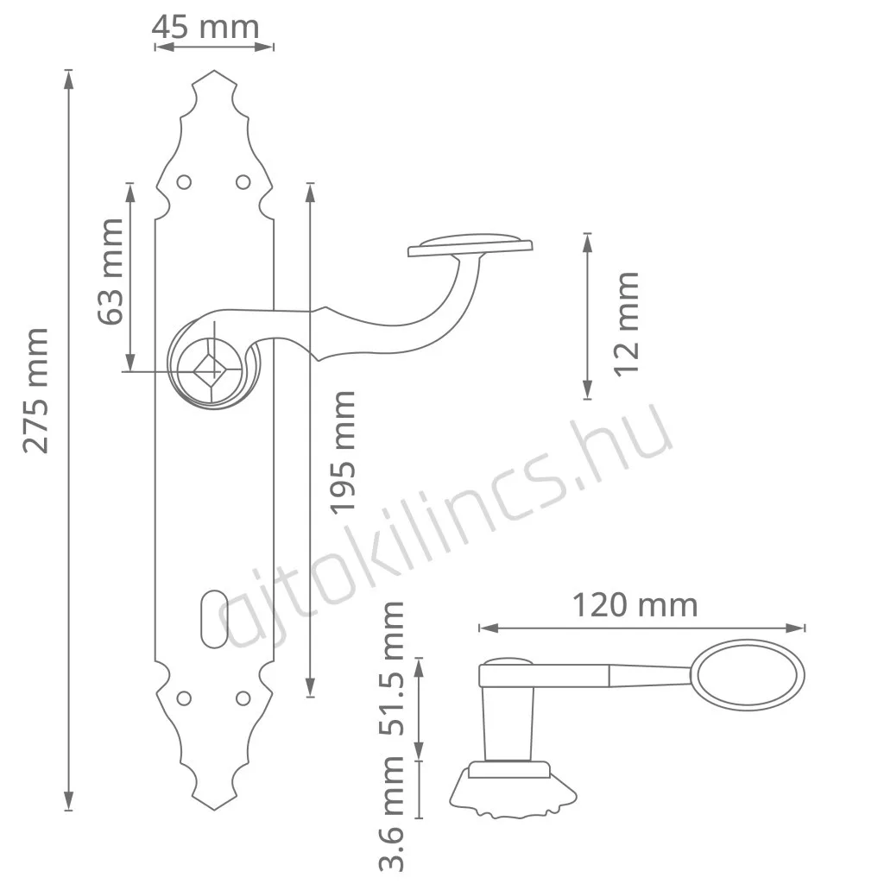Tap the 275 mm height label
pyautogui.click(x=35, y=391)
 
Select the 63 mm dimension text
pyautogui.click(x=110, y=272)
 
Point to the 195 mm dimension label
pyautogui.click(x=343, y=452)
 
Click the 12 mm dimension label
pyautogui.click(x=627, y=325)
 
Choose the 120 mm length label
pyautogui.click(x=635, y=605)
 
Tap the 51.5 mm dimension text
pyautogui.click(x=391, y=668)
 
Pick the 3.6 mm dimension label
pyautogui.click(x=391, y=813)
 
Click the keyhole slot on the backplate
pyautogui.click(x=214, y=619)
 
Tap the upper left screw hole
pyautogui.click(x=184, y=182)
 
